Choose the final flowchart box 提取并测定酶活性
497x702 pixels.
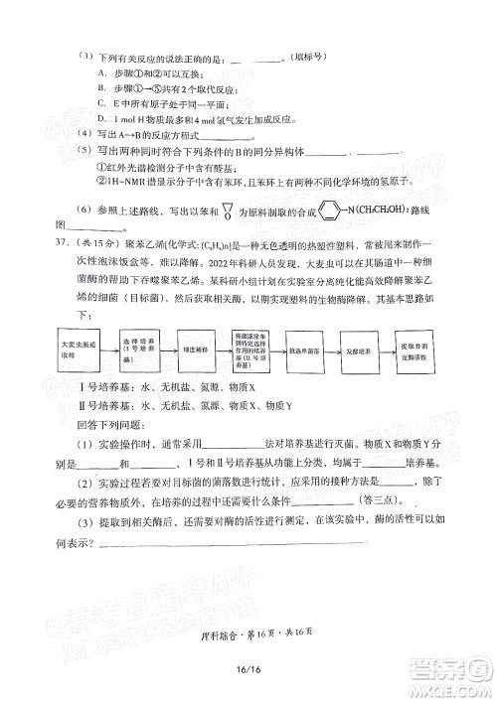coord(415,349)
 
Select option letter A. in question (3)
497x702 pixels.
coord(102,73)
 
